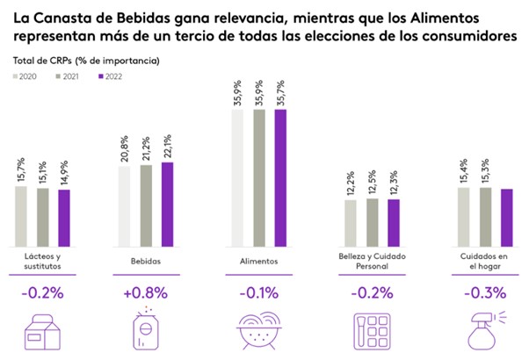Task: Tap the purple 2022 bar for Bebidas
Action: click(x=168, y=204)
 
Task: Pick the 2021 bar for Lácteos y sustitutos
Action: click(x=42, y=216)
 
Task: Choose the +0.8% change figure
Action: click(x=147, y=292)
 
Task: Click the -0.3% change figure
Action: click(x=481, y=292)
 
